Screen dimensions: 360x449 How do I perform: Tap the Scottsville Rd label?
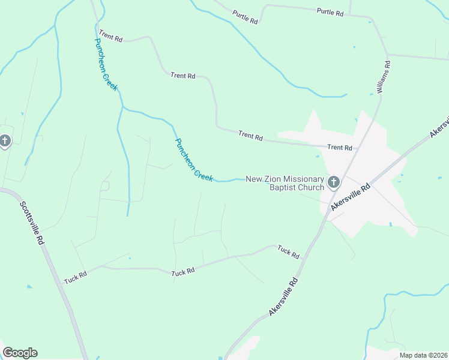tap(32, 223)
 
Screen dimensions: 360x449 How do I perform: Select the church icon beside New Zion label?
tap(334, 181)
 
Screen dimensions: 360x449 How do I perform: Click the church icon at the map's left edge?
tap(5, 142)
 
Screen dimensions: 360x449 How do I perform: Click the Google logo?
tap(20, 353)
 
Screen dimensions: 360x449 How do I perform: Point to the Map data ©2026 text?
tap(423, 355)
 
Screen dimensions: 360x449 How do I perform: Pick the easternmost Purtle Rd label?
tap(330, 12)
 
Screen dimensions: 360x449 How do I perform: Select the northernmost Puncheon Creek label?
tap(106, 64)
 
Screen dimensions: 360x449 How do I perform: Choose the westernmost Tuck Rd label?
tap(76, 277)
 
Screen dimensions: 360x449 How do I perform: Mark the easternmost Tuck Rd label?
tap(288, 252)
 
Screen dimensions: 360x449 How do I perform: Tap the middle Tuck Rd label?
tap(183, 272)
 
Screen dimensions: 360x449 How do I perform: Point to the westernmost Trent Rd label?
tap(110, 37)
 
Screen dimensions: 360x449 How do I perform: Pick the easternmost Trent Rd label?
tap(340, 147)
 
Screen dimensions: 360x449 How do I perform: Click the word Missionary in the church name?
tap(300, 179)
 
